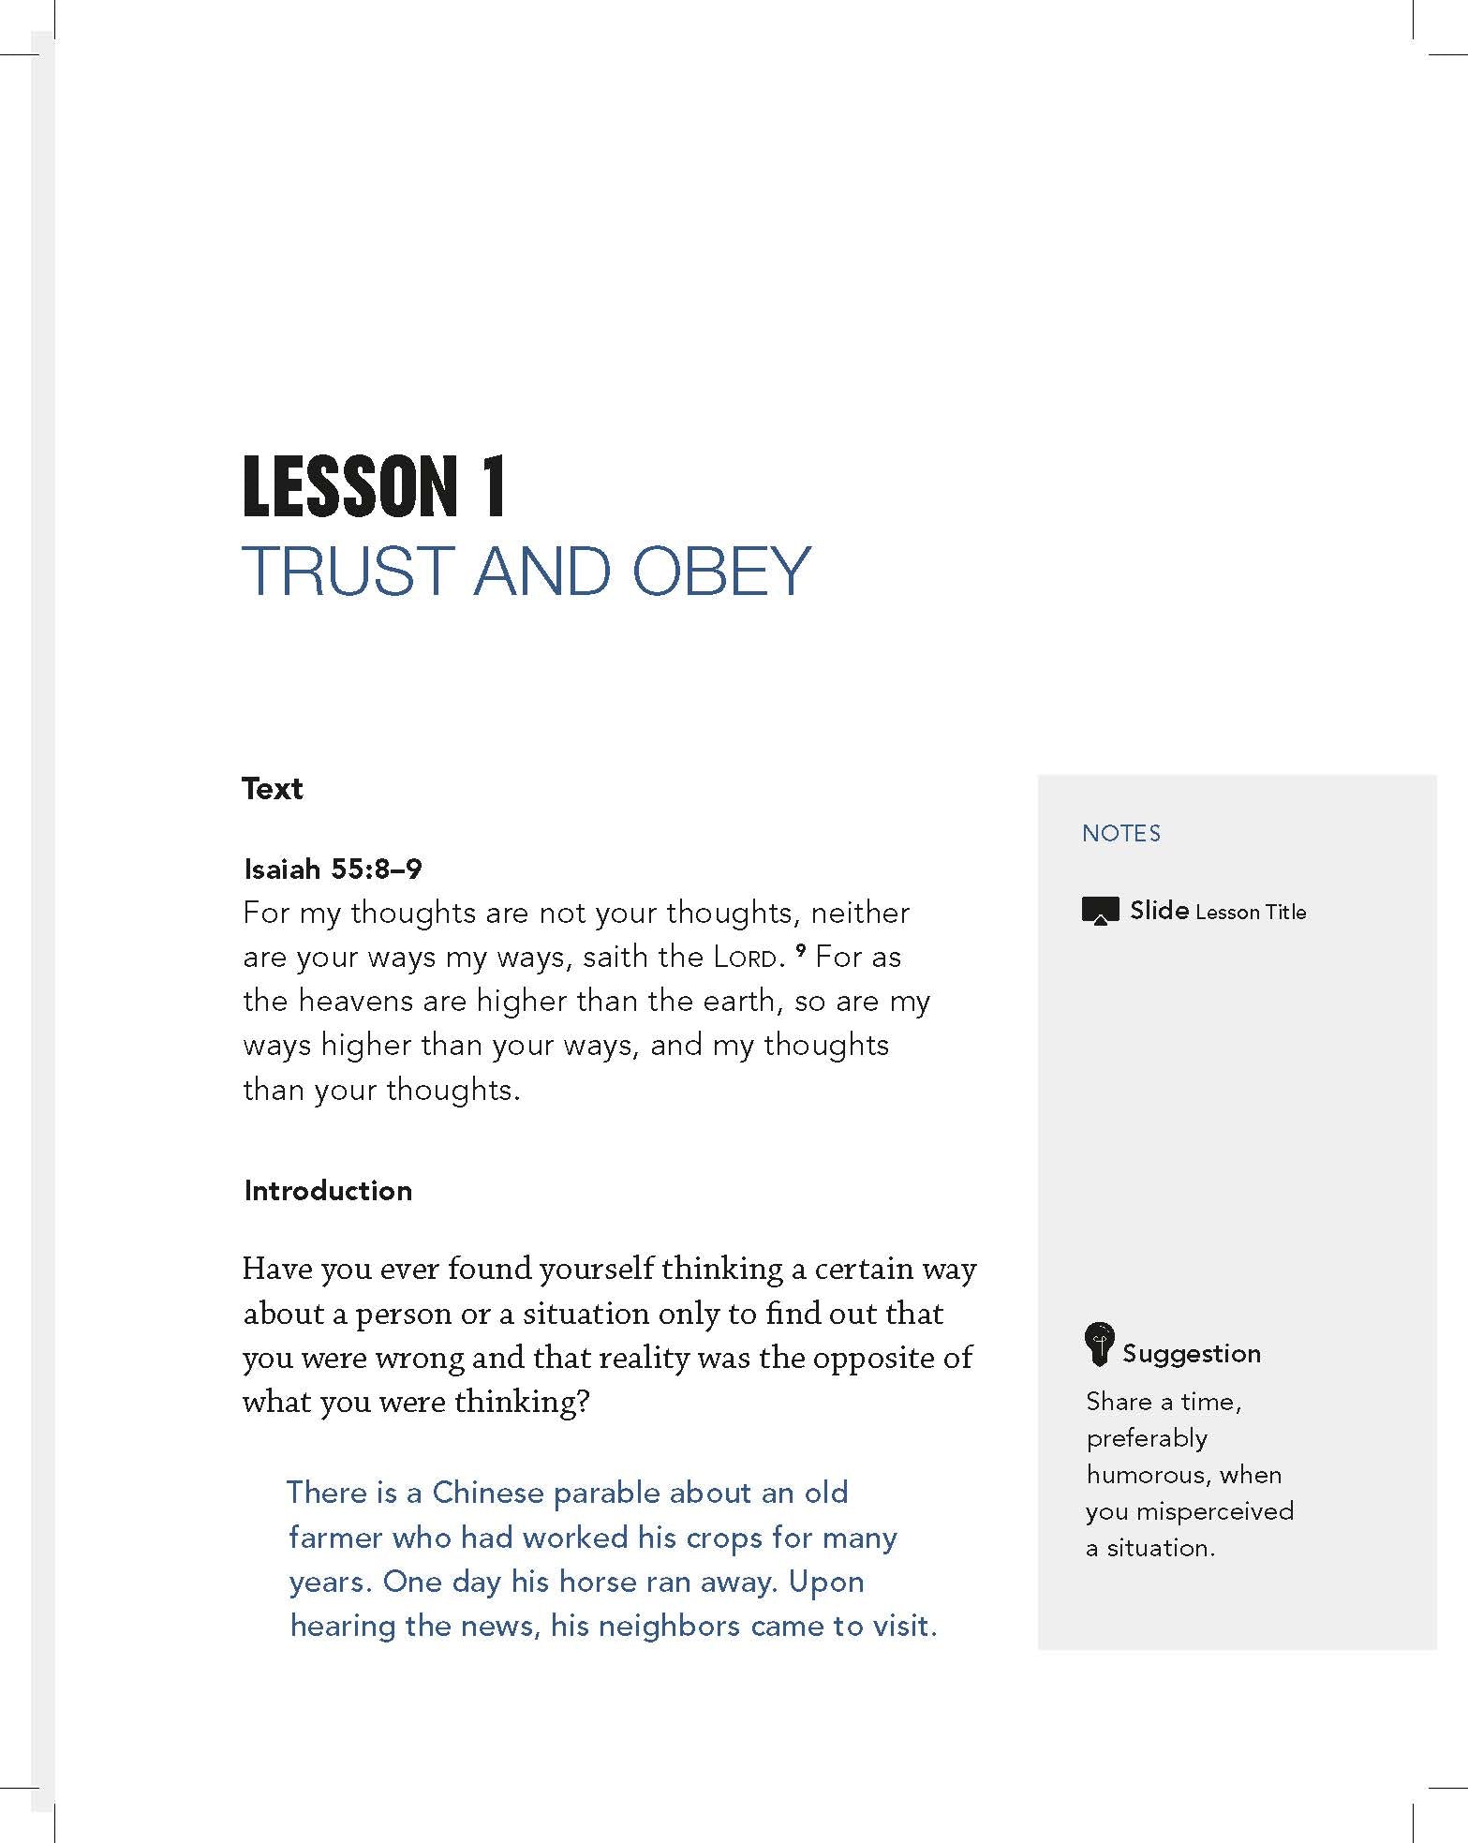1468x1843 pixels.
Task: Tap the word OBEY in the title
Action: [720, 571]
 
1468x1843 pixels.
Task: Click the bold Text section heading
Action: [273, 789]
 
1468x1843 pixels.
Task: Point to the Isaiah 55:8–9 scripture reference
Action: [333, 869]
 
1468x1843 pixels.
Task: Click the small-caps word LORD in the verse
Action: [745, 959]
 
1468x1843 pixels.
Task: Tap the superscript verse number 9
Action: [800, 952]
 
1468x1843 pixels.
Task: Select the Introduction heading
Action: [328, 1191]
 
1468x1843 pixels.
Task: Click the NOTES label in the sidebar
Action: [1120, 834]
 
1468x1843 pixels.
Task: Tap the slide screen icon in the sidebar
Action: [1100, 911]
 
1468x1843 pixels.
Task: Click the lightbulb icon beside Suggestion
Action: [1098, 1345]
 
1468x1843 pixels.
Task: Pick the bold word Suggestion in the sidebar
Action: [1191, 1354]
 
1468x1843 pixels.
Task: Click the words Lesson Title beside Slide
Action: [1251, 913]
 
